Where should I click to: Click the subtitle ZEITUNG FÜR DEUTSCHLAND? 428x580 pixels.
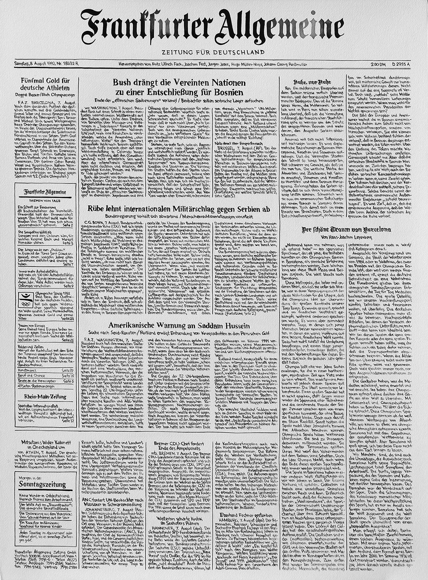click(x=213, y=52)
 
